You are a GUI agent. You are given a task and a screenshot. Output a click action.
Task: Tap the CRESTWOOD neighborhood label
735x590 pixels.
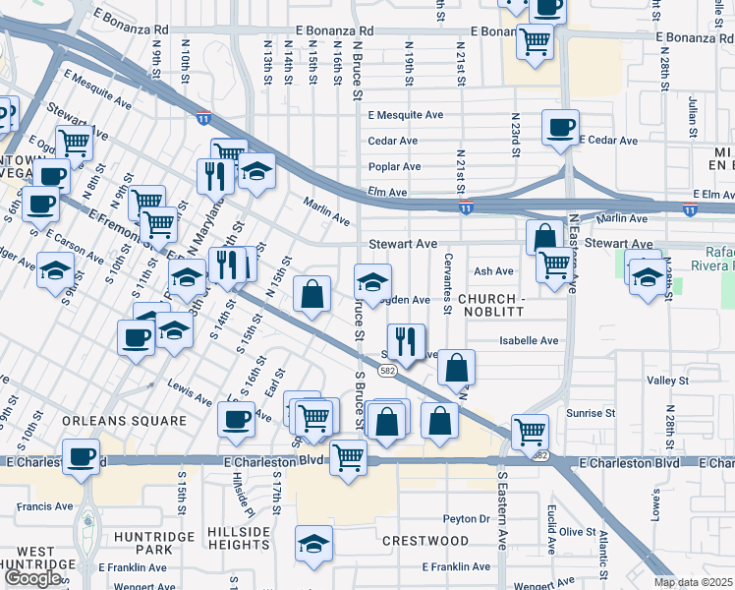pyautogui.click(x=425, y=541)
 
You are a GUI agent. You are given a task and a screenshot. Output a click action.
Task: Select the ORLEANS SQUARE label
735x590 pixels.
pyautogui.click(x=124, y=421)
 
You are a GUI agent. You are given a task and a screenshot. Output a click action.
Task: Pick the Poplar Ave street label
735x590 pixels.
pyautogui.click(x=394, y=167)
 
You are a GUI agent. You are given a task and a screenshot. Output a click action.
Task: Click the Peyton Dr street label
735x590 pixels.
pyautogui.click(x=466, y=518)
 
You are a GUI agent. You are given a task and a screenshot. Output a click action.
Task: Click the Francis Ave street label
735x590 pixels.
pyautogui.click(x=45, y=507)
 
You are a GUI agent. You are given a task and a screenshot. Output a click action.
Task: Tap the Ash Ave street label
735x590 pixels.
pyautogui.click(x=494, y=271)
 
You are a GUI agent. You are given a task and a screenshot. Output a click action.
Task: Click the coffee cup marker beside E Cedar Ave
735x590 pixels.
pyautogui.click(x=560, y=127)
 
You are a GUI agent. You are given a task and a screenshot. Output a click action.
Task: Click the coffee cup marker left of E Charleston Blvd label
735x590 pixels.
pyautogui.click(x=82, y=456)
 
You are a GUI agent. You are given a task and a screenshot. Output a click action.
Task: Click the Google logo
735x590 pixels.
pyautogui.click(x=33, y=578)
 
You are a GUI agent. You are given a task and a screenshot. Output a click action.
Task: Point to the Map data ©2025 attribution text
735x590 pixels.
pyautogui.click(x=693, y=582)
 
